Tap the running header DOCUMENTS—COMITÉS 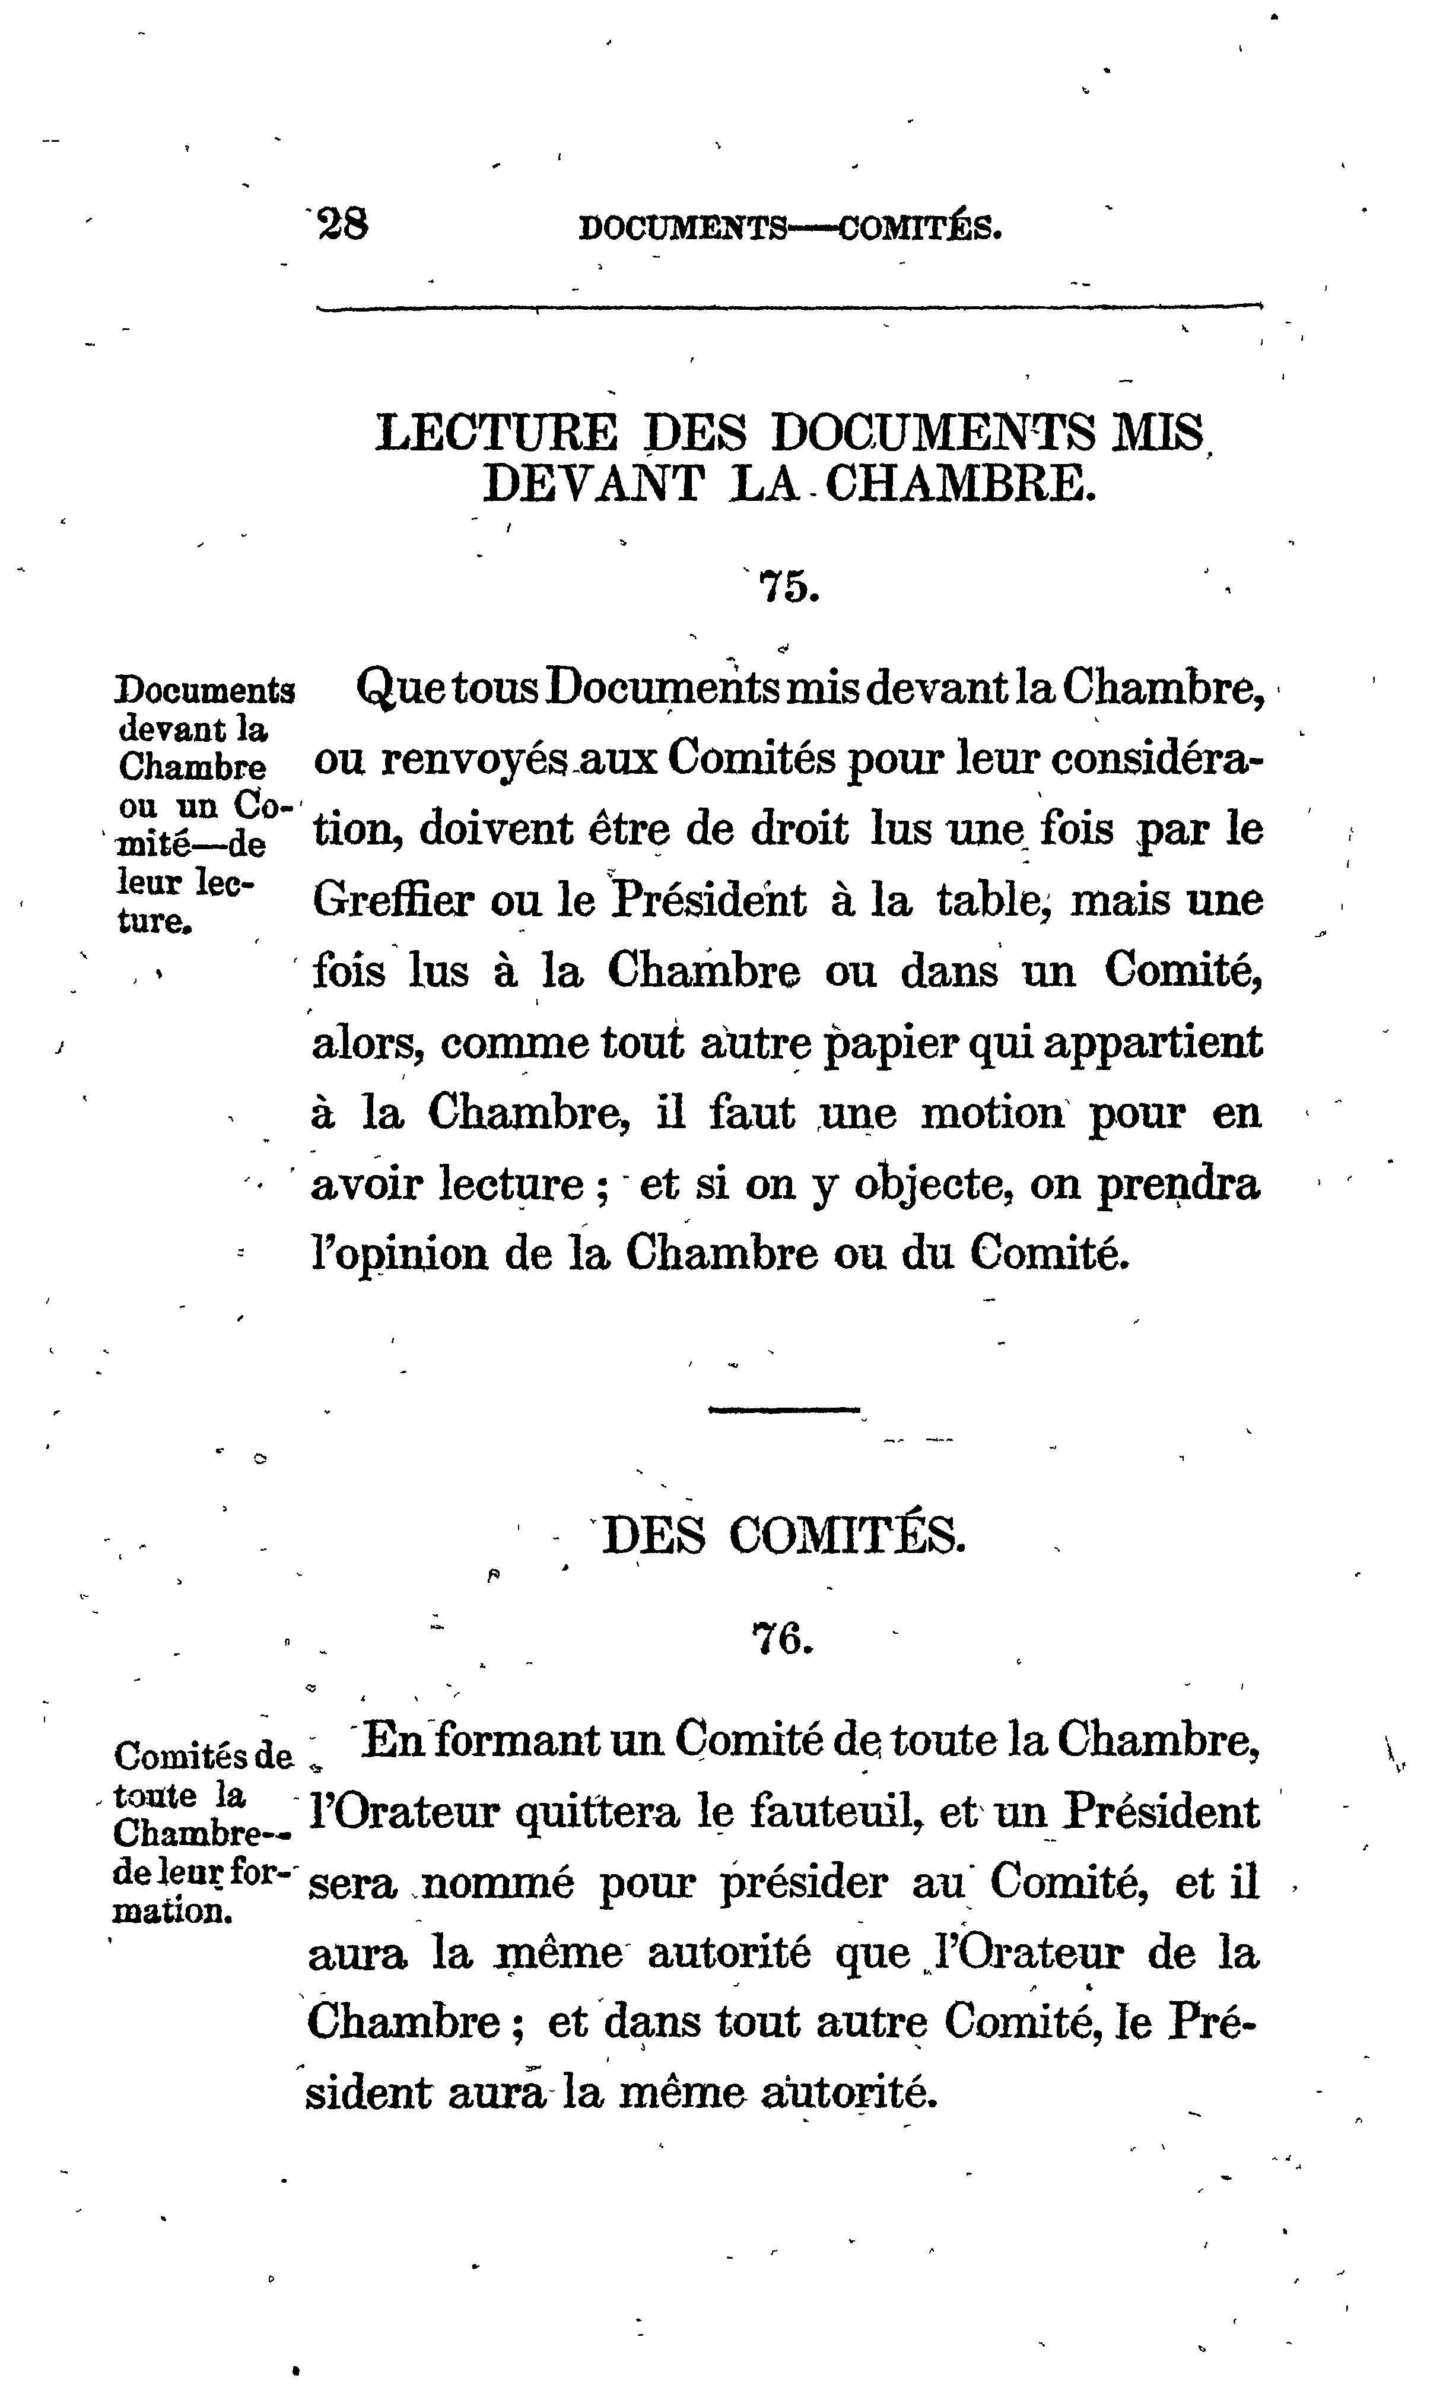tap(789, 229)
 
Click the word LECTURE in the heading tap(495, 433)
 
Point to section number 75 tap(788, 587)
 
